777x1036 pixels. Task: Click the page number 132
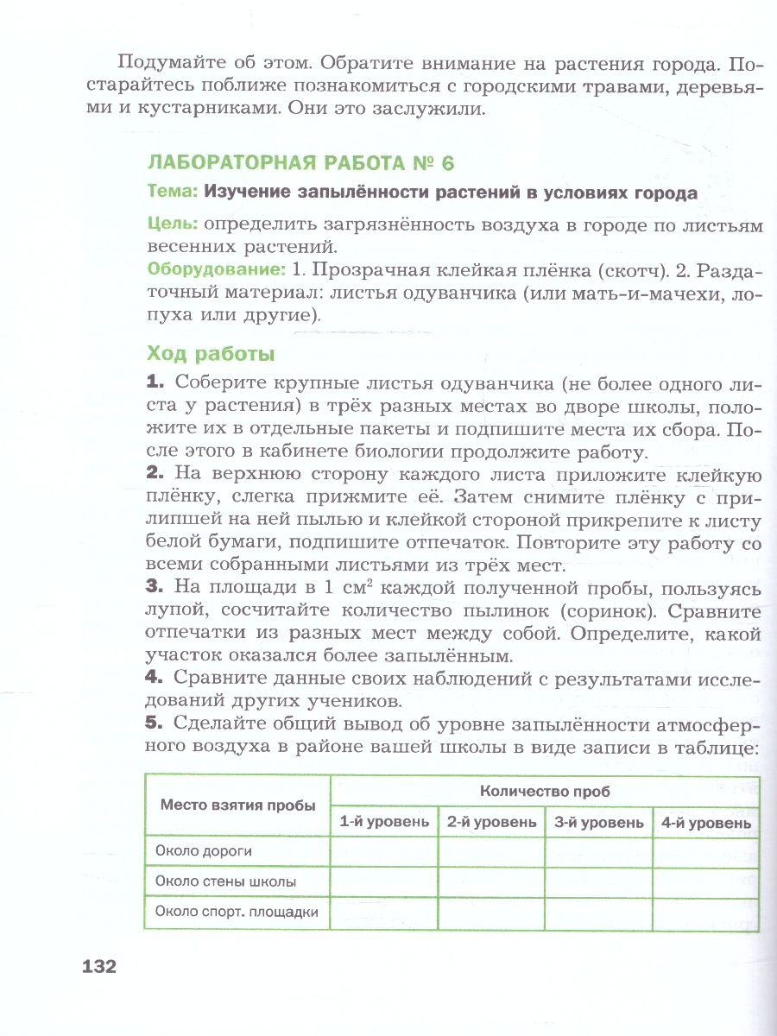click(98, 966)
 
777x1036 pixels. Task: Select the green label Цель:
click(173, 224)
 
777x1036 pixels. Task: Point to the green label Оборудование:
click(204, 269)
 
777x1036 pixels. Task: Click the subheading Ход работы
click(211, 353)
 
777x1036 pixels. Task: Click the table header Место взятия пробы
click(237, 805)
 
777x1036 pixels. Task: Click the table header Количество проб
click(545, 790)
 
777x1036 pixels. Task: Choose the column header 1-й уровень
click(384, 822)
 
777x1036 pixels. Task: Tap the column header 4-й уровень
click(705, 822)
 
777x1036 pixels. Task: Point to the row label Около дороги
click(204, 851)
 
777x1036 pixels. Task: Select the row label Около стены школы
click(225, 882)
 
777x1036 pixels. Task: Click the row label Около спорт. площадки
click(237, 913)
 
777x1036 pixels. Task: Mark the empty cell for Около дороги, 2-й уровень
click(491, 851)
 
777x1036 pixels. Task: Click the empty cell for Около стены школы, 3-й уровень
click(598, 882)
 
